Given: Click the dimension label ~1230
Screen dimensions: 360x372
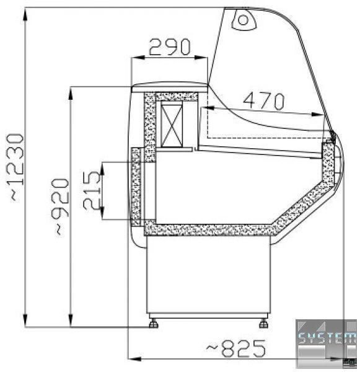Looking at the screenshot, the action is click(x=16, y=167).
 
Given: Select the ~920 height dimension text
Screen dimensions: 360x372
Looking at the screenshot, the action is click(x=60, y=207).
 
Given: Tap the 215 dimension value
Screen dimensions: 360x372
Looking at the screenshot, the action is click(x=92, y=190).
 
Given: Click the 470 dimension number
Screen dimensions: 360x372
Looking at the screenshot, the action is click(x=264, y=100).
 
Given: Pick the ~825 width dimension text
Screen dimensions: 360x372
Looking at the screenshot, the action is click(x=235, y=348).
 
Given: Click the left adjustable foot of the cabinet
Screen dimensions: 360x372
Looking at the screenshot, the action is click(x=154, y=324).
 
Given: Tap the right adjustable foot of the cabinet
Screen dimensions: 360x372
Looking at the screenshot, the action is click(x=263, y=324).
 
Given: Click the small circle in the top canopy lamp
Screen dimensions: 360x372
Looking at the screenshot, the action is click(x=243, y=20).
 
